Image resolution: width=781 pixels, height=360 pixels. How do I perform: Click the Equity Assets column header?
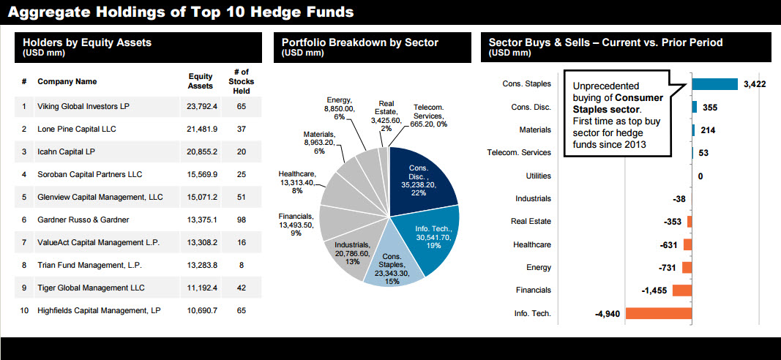click(x=201, y=80)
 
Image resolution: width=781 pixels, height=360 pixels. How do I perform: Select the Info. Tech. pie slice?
click(x=436, y=234)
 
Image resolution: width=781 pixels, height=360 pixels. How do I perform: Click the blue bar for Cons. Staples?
click(x=714, y=84)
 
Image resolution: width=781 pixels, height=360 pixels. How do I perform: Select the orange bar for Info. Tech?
click(x=658, y=314)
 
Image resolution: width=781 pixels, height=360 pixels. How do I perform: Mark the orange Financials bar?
click(x=681, y=290)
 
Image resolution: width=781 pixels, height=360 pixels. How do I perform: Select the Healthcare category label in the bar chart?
click(x=532, y=244)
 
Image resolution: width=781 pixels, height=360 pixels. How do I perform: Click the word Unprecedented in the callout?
click(x=605, y=86)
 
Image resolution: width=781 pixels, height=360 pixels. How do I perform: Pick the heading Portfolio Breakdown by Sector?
click(x=359, y=42)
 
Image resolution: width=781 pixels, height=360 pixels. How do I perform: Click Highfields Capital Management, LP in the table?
click(x=99, y=310)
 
